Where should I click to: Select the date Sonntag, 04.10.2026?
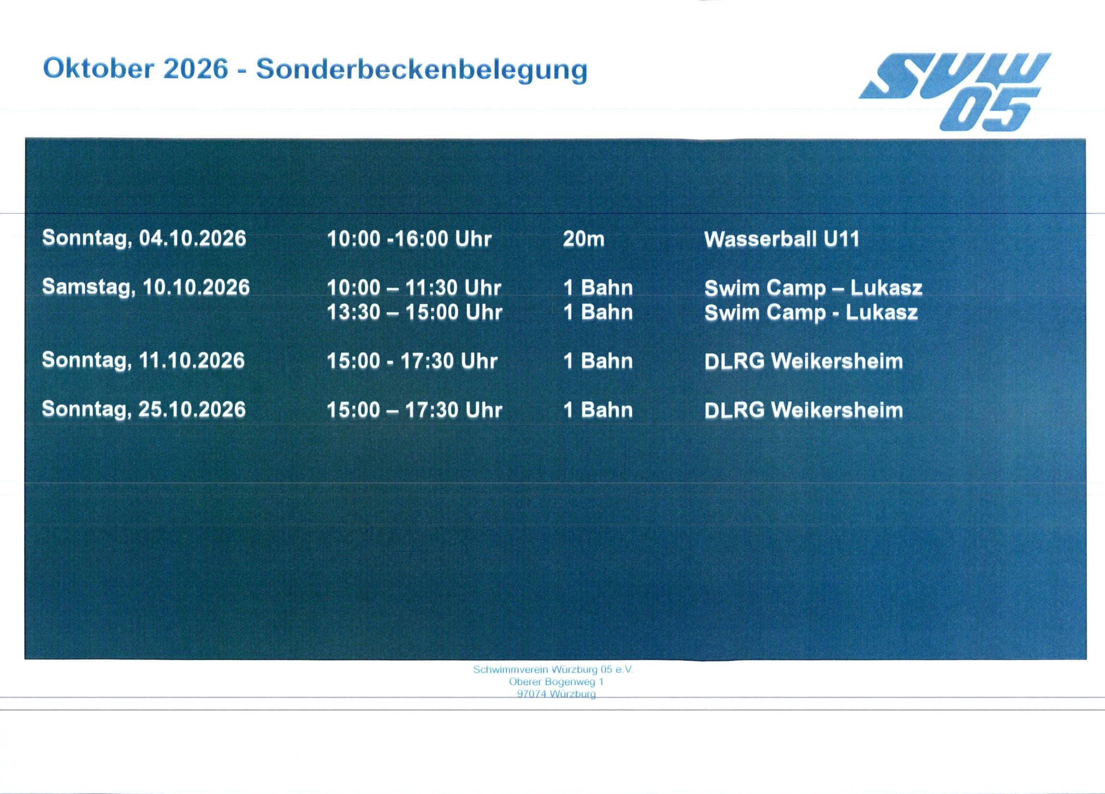[x=144, y=239]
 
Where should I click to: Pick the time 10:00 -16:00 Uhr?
[x=409, y=239]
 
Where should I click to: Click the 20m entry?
[x=584, y=239]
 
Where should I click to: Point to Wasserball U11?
[x=782, y=239]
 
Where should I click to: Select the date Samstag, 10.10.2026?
[x=146, y=287]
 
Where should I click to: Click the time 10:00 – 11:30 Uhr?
[x=414, y=288]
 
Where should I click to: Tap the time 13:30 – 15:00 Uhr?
[x=415, y=312]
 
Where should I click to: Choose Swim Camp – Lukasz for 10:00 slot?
[x=813, y=288]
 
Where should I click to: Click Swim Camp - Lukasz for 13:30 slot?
[x=811, y=313]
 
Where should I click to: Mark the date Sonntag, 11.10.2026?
[x=143, y=360]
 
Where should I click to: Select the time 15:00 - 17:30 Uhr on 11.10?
[x=412, y=361]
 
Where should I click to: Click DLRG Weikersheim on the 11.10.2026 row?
[x=804, y=361]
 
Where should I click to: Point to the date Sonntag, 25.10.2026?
[x=144, y=409]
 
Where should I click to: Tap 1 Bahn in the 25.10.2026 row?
[x=598, y=409]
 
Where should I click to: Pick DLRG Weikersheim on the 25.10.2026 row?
[x=804, y=410]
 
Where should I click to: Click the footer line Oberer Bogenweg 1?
[x=556, y=681]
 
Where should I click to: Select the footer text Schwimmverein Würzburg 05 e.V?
[x=553, y=669]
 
